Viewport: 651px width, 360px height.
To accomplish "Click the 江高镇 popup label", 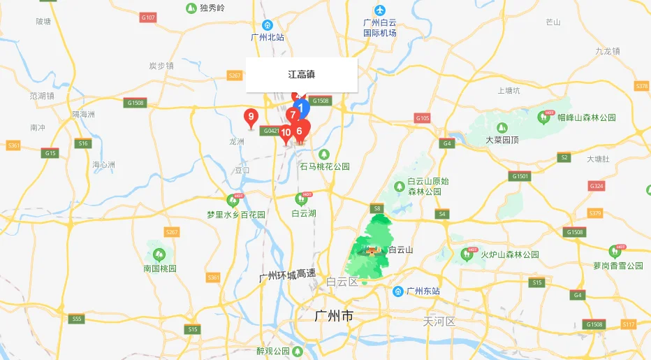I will pyautogui.click(x=302, y=74).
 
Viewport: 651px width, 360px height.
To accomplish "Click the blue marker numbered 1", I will pyautogui.click(x=301, y=108).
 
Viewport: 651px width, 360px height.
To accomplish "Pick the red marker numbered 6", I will pyautogui.click(x=300, y=131).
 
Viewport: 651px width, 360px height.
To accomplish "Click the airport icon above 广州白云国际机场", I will pyautogui.click(x=379, y=10).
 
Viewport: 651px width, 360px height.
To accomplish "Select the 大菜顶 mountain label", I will pyautogui.click(x=502, y=139).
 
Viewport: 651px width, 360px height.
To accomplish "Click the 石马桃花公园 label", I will pyautogui.click(x=324, y=166).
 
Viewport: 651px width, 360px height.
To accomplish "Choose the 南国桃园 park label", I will pyautogui.click(x=160, y=268).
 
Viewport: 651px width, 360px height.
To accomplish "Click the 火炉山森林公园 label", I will pyautogui.click(x=509, y=254).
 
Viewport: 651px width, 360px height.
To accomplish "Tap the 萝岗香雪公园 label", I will pyautogui.click(x=617, y=266).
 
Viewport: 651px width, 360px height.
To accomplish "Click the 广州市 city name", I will pyautogui.click(x=334, y=317).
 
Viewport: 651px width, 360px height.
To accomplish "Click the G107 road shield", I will pyautogui.click(x=147, y=17).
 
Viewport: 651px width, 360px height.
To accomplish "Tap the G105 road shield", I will pyautogui.click(x=422, y=118).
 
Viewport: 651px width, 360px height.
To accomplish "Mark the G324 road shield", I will pyautogui.click(x=596, y=186).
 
